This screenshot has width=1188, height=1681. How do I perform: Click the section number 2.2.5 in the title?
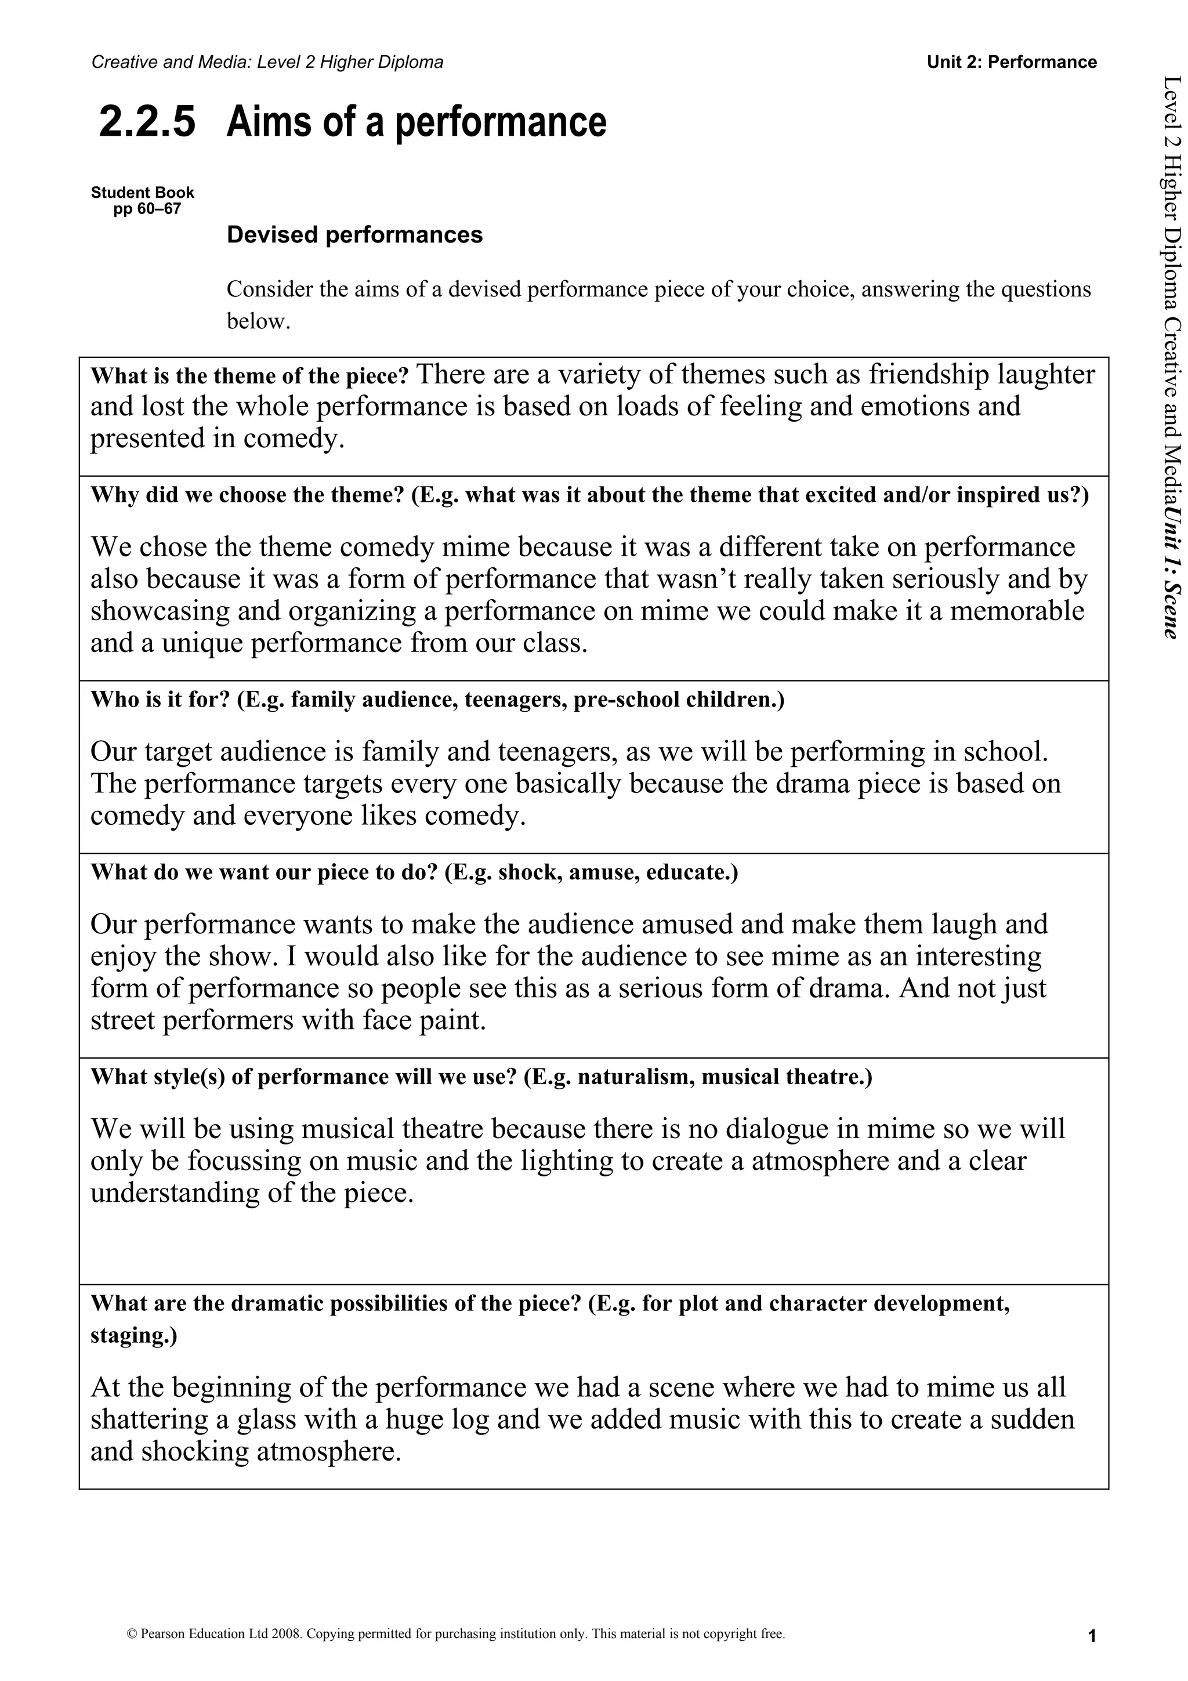147,122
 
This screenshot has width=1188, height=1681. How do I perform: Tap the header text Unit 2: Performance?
1012,62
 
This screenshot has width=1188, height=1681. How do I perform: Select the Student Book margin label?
143,193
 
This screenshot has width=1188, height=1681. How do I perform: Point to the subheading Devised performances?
354,235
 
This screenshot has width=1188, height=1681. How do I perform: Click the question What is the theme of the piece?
249,376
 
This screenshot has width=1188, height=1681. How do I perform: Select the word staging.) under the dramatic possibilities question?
133,1335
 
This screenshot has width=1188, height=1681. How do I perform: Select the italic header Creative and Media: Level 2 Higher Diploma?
267,62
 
